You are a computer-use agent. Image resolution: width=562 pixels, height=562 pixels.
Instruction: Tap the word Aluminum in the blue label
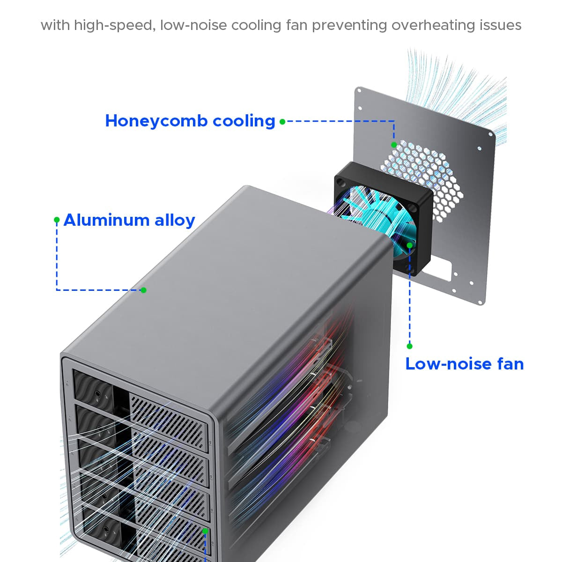pyautogui.click(x=106, y=220)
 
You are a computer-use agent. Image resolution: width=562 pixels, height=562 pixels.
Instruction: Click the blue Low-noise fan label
pyautogui.click(x=464, y=364)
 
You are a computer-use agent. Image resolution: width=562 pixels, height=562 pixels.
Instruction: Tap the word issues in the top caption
pyautogui.click(x=501, y=25)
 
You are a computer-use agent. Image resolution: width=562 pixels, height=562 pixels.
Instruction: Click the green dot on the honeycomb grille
pyautogui.click(x=394, y=145)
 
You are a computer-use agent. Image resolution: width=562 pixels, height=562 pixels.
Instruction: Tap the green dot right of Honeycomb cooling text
pyautogui.click(x=282, y=122)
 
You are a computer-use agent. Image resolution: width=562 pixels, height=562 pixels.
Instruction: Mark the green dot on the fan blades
pyautogui.click(x=409, y=245)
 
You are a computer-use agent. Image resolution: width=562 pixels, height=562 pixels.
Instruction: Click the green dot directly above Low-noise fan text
pyautogui.click(x=409, y=346)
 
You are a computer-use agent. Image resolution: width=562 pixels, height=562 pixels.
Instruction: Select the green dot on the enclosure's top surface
pyautogui.click(x=143, y=290)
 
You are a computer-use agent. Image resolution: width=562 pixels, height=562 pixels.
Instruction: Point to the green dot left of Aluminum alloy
pyautogui.click(x=57, y=219)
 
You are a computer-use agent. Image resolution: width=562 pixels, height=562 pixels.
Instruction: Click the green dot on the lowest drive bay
pyautogui.click(x=205, y=531)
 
